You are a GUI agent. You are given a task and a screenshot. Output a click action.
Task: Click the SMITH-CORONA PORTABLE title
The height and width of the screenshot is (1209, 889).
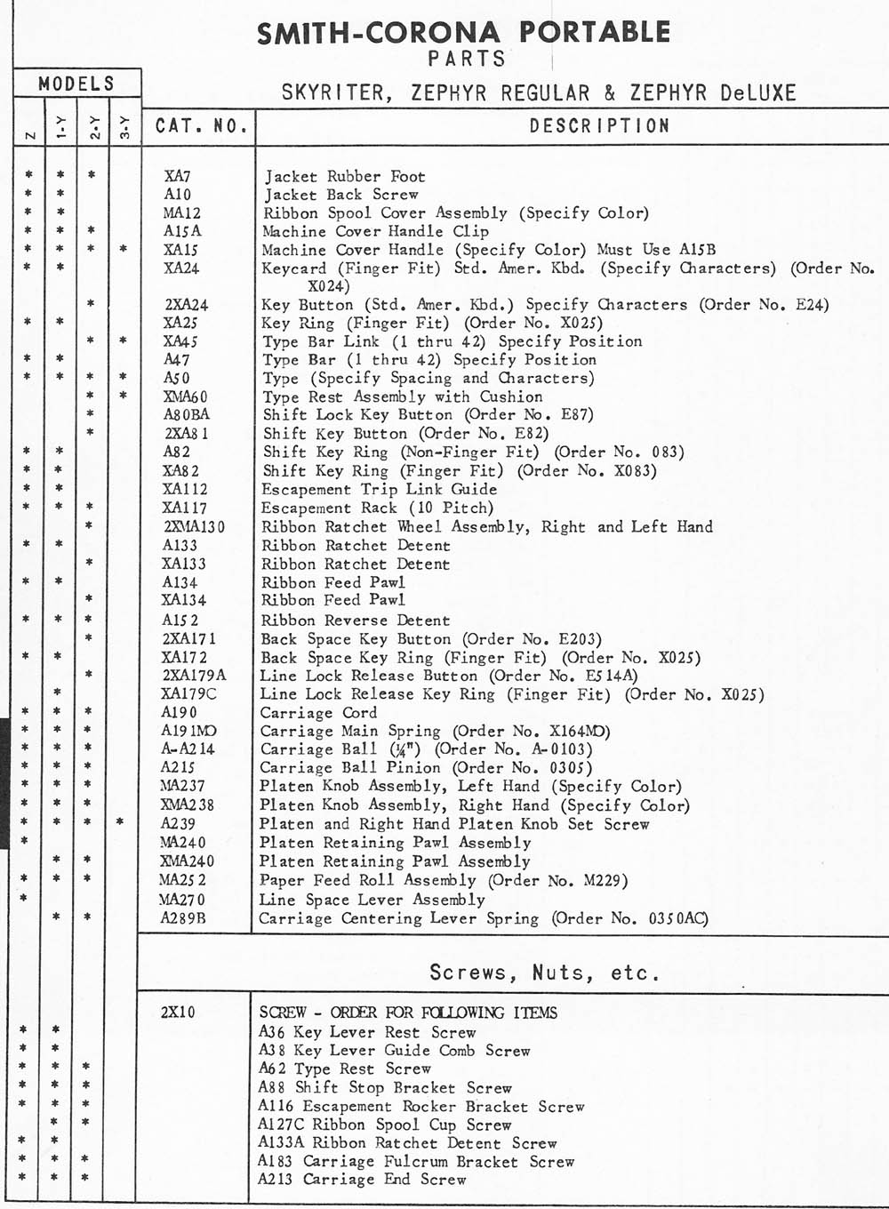pos(463,33)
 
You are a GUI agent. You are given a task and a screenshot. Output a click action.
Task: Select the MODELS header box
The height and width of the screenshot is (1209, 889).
pos(76,84)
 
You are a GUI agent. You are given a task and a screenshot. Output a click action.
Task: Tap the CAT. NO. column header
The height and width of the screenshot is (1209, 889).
pos(201,125)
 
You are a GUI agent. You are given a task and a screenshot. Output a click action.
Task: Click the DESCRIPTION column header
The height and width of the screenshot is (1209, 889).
pos(599,125)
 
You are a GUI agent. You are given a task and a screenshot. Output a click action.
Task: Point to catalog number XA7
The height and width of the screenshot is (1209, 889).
pos(177,176)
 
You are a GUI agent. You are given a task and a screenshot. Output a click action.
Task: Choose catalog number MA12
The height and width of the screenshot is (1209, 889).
pos(181,213)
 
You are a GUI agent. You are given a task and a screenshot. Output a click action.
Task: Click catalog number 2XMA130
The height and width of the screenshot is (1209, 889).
pos(194,526)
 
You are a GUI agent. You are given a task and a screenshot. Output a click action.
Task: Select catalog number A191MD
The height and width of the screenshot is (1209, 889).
pos(188,731)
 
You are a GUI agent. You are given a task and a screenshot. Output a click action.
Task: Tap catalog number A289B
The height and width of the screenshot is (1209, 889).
pos(183,918)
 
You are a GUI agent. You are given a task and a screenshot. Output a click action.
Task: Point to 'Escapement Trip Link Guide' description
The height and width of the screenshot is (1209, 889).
pos(379,489)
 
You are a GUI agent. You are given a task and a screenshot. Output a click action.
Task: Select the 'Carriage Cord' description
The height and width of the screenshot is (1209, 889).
pos(318,712)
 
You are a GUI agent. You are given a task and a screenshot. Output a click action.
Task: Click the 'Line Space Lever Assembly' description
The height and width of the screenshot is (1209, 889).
pos(372,899)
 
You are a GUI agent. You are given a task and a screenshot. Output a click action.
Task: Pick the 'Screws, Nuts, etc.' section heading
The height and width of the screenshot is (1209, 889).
pos(544,972)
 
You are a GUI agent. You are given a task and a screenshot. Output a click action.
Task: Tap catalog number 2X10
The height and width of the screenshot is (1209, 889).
pos(178,1013)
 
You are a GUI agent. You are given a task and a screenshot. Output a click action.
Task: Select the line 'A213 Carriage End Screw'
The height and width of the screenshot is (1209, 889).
pos(362,1180)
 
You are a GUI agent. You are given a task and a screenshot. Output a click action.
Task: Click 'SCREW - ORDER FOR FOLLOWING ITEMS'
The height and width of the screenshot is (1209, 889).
pos(408,1013)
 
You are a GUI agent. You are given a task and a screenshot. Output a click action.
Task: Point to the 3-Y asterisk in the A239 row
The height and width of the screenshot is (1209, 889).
pos(120,823)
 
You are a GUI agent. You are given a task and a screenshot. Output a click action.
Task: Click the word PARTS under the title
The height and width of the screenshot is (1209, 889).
pos(466,59)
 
